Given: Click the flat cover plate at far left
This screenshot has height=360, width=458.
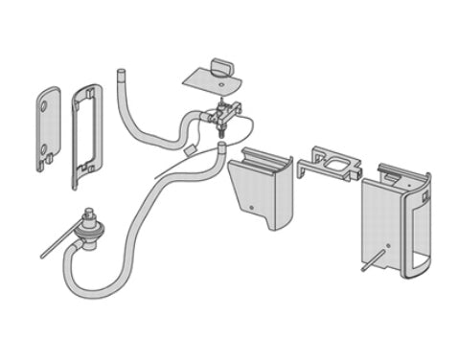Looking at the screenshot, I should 48,130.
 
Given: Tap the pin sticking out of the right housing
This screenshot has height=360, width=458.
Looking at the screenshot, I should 373,262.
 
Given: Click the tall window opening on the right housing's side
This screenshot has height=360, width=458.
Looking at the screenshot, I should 418,235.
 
